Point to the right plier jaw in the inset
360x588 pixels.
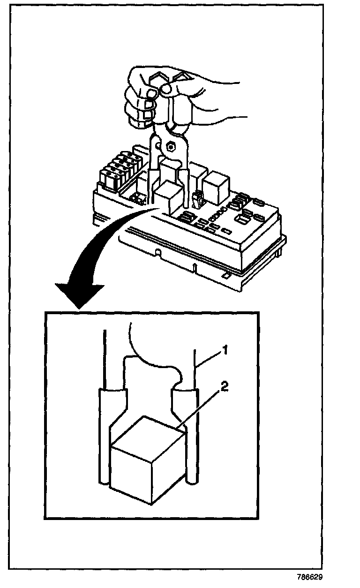187,422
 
